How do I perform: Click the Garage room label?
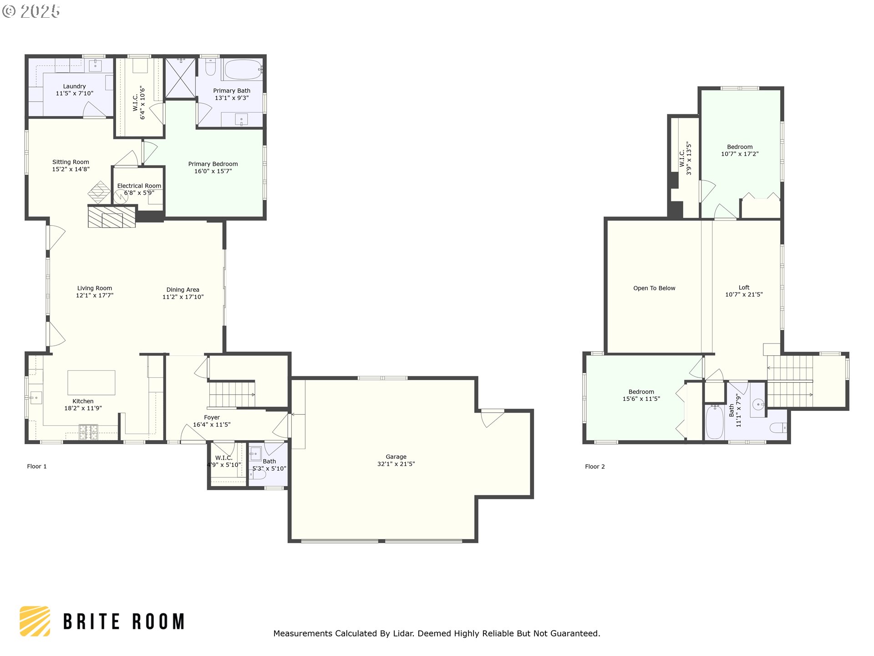[x=396, y=456]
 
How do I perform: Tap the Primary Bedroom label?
[x=213, y=164]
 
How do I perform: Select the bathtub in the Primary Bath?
[x=243, y=70]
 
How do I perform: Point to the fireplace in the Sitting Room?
[x=112, y=216]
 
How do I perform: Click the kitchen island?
[x=91, y=383]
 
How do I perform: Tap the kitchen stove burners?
[x=88, y=432]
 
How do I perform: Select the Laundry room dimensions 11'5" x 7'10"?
[x=75, y=93]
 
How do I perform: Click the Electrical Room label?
[x=139, y=186]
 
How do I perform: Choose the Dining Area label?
[x=183, y=290]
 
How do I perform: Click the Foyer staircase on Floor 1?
[x=232, y=395]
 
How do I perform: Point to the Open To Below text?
[x=654, y=288]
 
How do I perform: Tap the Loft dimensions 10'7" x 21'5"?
[x=744, y=295]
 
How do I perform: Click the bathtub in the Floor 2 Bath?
[x=715, y=422]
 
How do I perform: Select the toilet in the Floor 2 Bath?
[x=778, y=428]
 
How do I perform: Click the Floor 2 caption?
[x=595, y=466]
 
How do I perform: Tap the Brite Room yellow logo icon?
[x=35, y=621]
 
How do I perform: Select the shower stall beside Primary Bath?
[x=180, y=78]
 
